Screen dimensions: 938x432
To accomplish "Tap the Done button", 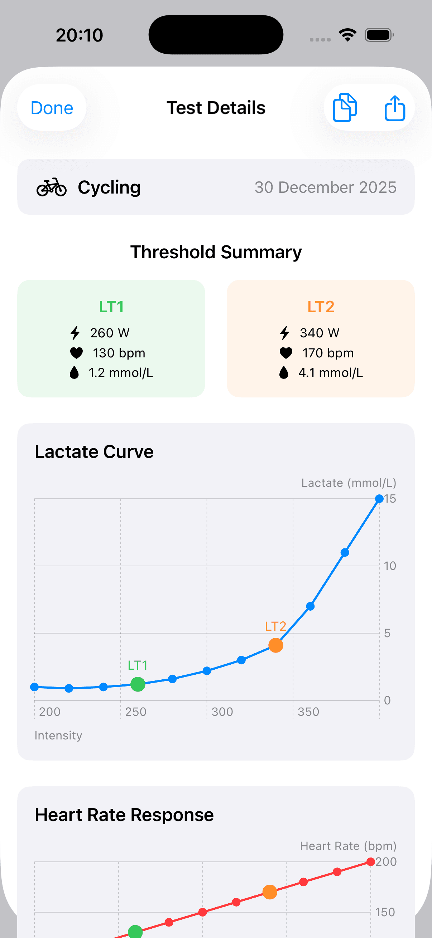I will click(x=52, y=108).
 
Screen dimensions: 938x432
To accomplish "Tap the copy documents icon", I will click(x=345, y=108).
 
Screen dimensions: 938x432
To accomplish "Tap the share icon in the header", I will click(x=394, y=108).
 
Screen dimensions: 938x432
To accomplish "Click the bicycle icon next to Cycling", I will click(x=51, y=187).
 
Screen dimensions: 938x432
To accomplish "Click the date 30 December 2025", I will click(x=325, y=187).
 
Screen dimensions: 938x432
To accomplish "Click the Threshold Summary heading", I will click(x=216, y=252).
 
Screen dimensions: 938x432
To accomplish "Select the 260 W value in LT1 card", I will click(x=110, y=333).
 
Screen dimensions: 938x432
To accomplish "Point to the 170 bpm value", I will click(x=328, y=353).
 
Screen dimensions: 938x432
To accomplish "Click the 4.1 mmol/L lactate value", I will click(x=330, y=373).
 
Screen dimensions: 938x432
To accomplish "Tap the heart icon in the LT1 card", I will click(x=76, y=353).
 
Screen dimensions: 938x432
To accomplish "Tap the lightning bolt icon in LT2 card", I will click(x=284, y=333).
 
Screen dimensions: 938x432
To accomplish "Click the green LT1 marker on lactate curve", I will click(x=138, y=684).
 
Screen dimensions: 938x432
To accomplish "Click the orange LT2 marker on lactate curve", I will click(x=275, y=645).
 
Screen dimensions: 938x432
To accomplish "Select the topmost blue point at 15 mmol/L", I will click(x=379, y=498).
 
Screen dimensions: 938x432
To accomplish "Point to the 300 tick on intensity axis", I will click(x=222, y=712).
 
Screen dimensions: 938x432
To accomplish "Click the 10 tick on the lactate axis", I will click(x=390, y=566).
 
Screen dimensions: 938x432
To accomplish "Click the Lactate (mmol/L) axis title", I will click(x=349, y=483).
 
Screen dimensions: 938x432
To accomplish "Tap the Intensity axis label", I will click(x=58, y=735).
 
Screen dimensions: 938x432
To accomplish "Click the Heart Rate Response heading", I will click(x=124, y=815).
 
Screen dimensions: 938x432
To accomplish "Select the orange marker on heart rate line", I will click(x=270, y=892).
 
